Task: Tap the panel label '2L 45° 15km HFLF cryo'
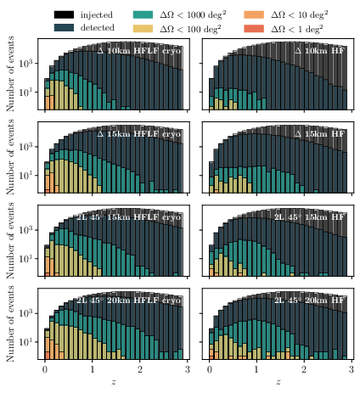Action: [x=128, y=216]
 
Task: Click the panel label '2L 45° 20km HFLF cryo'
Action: [x=128, y=300]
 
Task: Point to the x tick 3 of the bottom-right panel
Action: [x=351, y=371]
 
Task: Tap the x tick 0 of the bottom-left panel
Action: [x=44, y=371]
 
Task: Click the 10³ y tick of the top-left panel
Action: [x=27, y=65]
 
